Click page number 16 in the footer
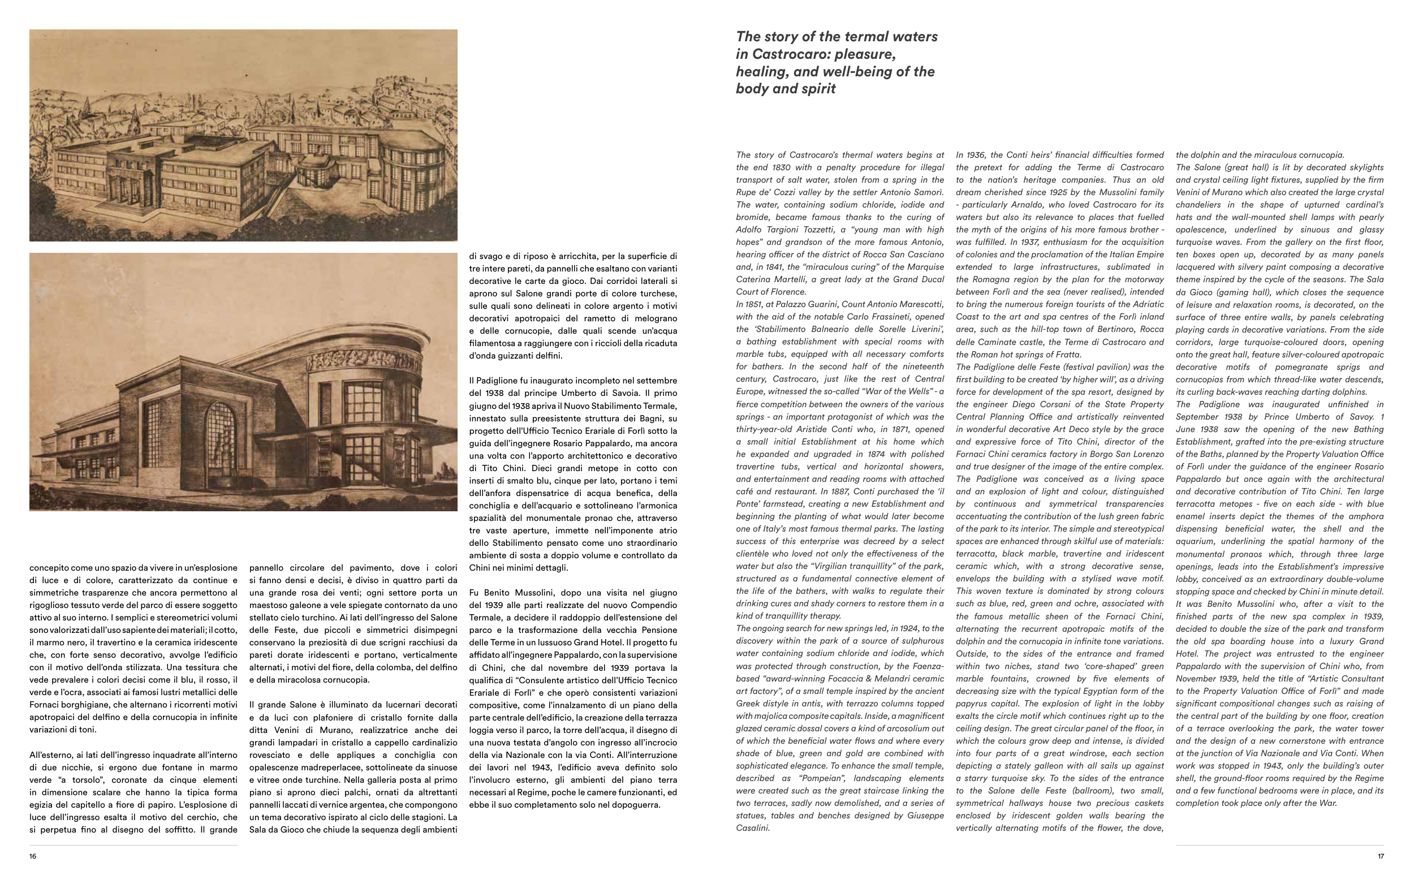pos(33,856)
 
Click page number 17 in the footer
pos(1380,856)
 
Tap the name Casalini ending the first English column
pos(753,828)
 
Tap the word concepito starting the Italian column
pos(53,568)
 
